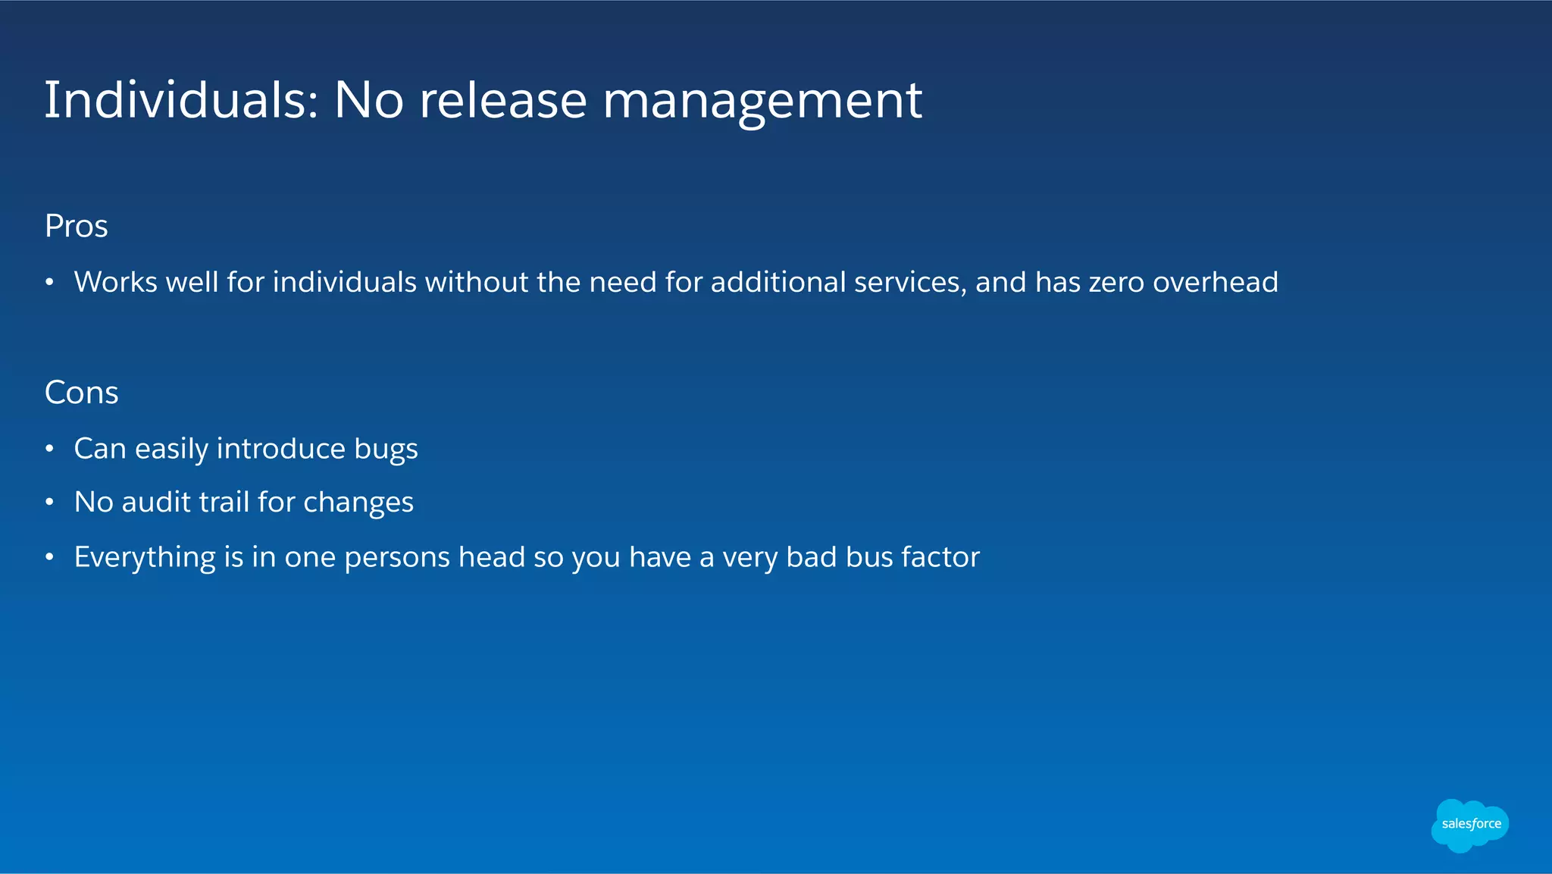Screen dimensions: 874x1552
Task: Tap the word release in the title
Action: (x=503, y=100)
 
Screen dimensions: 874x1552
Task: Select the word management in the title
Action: (x=762, y=102)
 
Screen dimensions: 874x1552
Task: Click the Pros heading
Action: (x=77, y=226)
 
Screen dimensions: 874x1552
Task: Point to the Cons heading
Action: (x=82, y=393)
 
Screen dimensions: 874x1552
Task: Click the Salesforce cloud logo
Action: (x=1470, y=825)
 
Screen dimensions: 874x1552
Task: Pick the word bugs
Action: (x=386, y=450)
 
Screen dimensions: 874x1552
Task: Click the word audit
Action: (x=156, y=502)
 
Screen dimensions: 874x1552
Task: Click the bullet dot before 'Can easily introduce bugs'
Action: (x=49, y=450)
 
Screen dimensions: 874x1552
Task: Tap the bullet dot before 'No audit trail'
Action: (x=49, y=503)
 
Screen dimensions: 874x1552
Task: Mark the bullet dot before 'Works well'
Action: (x=49, y=283)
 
